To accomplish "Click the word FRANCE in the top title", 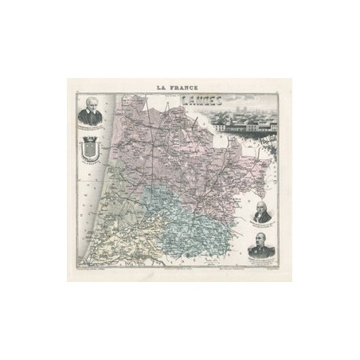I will (185, 88).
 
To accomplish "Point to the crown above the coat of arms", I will (91, 138).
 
